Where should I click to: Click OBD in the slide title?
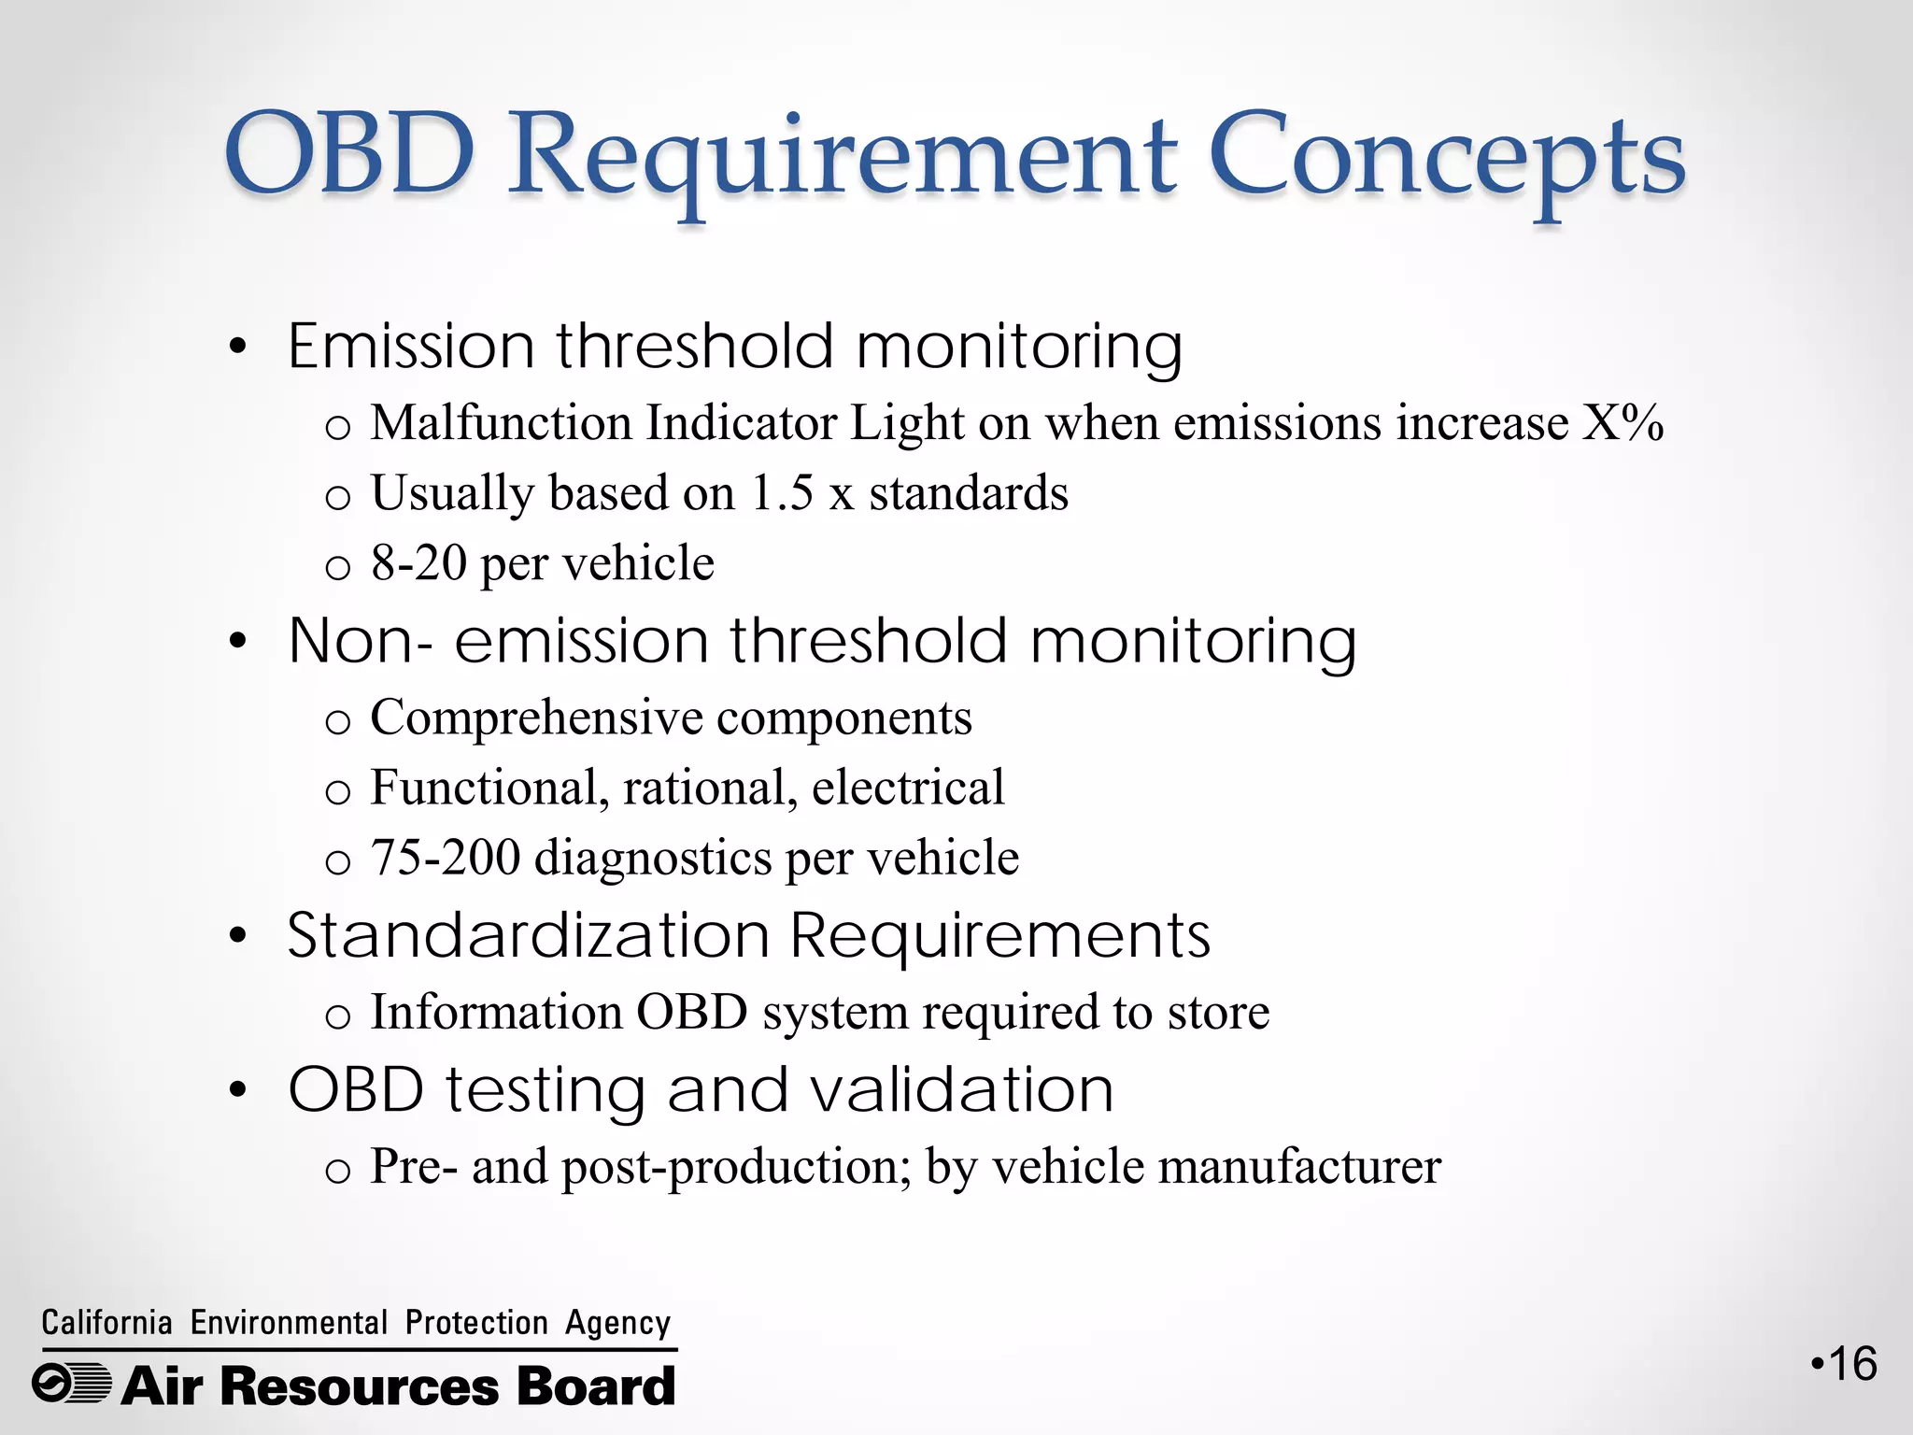point(350,154)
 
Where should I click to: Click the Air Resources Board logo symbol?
point(72,1384)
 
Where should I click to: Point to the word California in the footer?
point(106,1323)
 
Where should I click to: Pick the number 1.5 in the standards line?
point(782,492)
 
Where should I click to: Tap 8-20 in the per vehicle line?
point(418,562)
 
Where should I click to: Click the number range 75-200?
point(446,857)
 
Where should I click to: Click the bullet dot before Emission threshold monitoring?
point(238,348)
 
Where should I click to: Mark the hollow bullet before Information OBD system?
point(337,1016)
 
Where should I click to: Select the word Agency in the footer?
point(617,1323)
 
